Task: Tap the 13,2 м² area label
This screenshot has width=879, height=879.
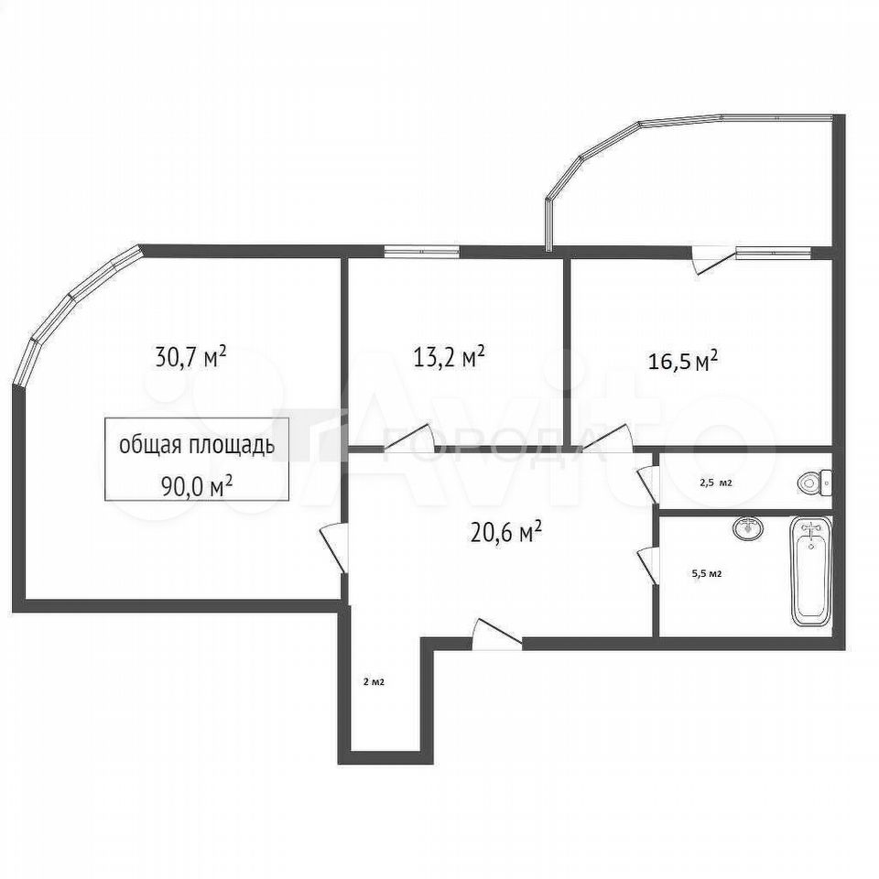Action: click(449, 356)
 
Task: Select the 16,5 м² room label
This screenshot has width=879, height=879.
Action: click(683, 361)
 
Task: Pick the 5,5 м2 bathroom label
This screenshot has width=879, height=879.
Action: click(707, 573)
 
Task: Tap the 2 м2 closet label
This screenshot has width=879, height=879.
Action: click(374, 682)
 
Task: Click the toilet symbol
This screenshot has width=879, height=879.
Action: click(815, 483)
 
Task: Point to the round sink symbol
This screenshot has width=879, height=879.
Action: click(748, 528)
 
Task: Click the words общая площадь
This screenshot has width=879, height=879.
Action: click(197, 446)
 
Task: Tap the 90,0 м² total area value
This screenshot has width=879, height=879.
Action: click(197, 486)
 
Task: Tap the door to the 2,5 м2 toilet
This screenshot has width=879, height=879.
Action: click(647, 484)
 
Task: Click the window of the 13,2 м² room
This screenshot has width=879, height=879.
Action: click(421, 252)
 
